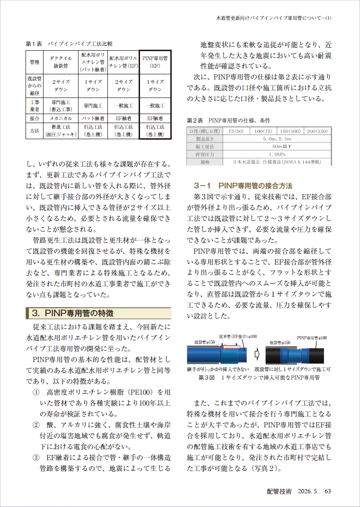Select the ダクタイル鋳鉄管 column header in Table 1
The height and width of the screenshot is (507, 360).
(61, 62)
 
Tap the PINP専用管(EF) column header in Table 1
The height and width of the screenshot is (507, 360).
(155, 62)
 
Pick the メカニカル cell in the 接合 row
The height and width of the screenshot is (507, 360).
(61, 118)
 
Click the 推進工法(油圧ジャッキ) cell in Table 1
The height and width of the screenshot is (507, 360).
(61, 131)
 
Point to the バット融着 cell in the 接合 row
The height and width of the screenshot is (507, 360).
(93, 118)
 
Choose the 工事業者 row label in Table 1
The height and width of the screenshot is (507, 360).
(35, 105)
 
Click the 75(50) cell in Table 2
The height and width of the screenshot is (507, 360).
(236, 131)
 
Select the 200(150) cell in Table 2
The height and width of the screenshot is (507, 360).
(317, 131)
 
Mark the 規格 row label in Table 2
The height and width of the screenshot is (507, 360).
(205, 162)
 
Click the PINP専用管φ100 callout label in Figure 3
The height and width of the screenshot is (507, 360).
(311, 338)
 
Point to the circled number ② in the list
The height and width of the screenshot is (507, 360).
(36, 425)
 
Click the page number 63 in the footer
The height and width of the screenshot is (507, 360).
(327, 491)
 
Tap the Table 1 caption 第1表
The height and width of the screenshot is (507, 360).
(34, 44)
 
